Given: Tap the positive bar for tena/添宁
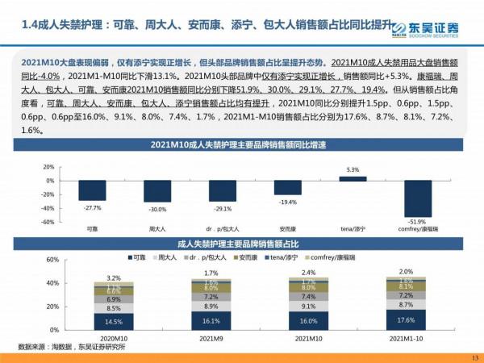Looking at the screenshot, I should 352,178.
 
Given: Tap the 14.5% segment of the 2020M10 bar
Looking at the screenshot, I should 114,322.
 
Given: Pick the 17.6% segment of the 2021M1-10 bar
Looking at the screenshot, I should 406,319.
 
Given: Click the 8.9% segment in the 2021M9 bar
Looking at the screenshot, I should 211,307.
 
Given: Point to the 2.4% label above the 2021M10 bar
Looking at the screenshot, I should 309,273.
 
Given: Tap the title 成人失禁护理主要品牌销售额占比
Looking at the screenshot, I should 242,242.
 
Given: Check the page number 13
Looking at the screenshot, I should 474,357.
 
